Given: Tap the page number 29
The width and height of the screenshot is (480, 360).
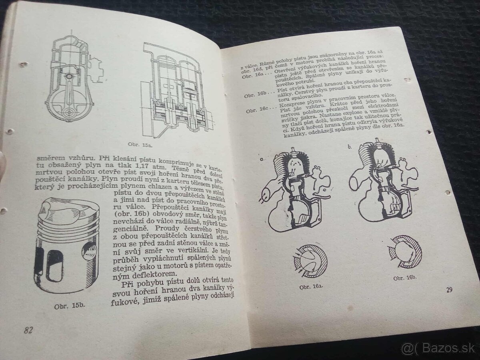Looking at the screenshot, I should tap(449, 290).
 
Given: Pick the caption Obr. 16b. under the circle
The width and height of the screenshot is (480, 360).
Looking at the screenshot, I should tap(405, 278).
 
